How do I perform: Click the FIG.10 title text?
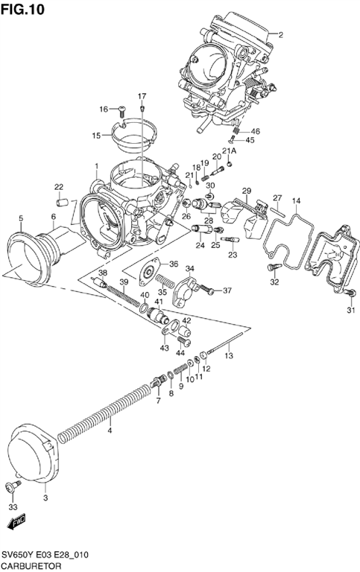pos(22,9)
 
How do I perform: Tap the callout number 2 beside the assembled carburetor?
pos(281,35)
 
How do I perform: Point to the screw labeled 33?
pos(13,486)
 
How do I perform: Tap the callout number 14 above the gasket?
pos(296,200)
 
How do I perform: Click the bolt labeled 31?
pos(350,292)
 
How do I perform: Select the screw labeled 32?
pos(274,267)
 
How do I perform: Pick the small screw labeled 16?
pos(121,109)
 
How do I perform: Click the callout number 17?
pos(142,96)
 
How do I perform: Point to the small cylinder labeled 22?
pos(63,202)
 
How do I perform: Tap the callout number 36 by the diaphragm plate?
pos(174,264)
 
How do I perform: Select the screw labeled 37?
pos(207,290)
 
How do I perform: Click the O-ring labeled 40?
pos(144,308)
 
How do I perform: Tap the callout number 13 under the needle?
pos(229,355)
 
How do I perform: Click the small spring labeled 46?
pos(236,129)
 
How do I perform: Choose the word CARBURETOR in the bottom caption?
pos(31,566)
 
